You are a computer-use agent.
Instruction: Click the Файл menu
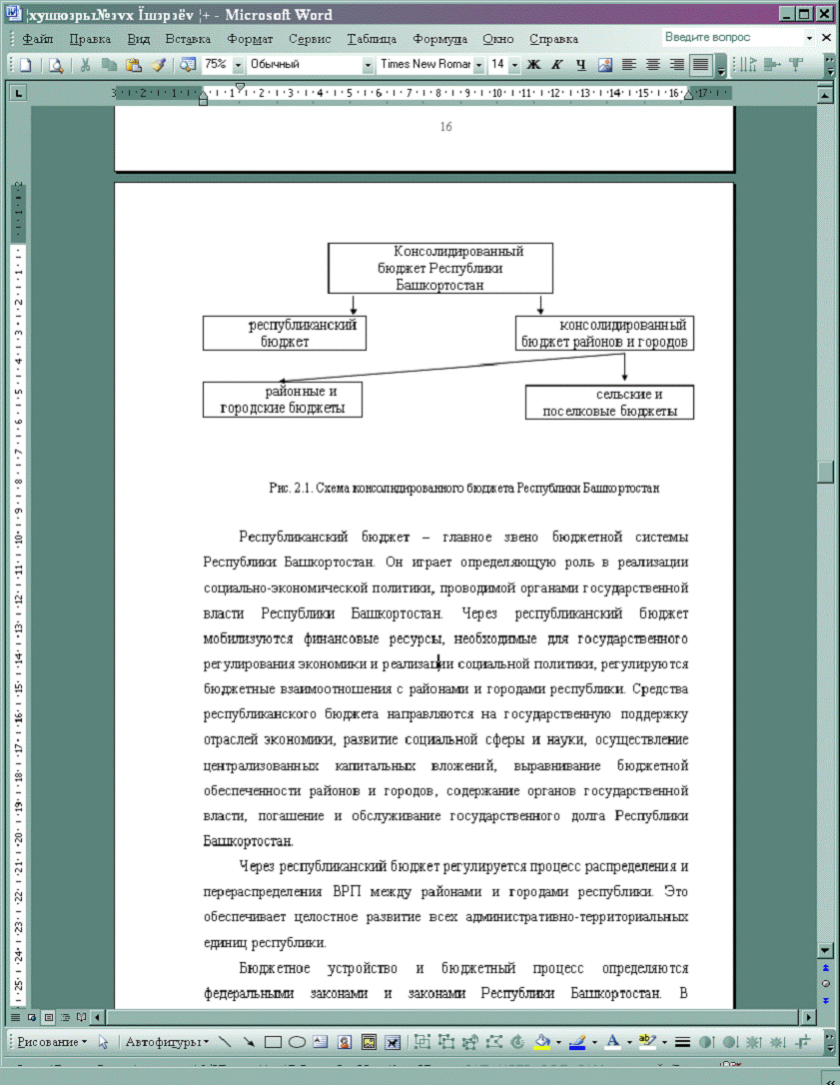tap(37, 39)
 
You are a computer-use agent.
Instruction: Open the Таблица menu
tap(372, 39)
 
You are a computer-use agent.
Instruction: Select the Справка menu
tap(553, 39)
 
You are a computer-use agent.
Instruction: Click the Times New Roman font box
tap(424, 64)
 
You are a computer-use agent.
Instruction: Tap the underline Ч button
tap(580, 64)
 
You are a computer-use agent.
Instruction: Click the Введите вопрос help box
tap(735, 37)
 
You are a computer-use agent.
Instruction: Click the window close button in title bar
tap(825, 14)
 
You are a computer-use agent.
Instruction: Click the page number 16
tap(445, 127)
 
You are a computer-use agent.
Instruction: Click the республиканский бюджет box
tap(285, 333)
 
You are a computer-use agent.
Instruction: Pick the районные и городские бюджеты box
tap(282, 400)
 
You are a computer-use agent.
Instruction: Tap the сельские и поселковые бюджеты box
tap(609, 403)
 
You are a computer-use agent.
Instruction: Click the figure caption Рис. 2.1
tap(463, 489)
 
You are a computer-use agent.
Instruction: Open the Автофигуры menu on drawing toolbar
tap(166, 1042)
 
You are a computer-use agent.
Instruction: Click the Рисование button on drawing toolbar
tap(52, 1042)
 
